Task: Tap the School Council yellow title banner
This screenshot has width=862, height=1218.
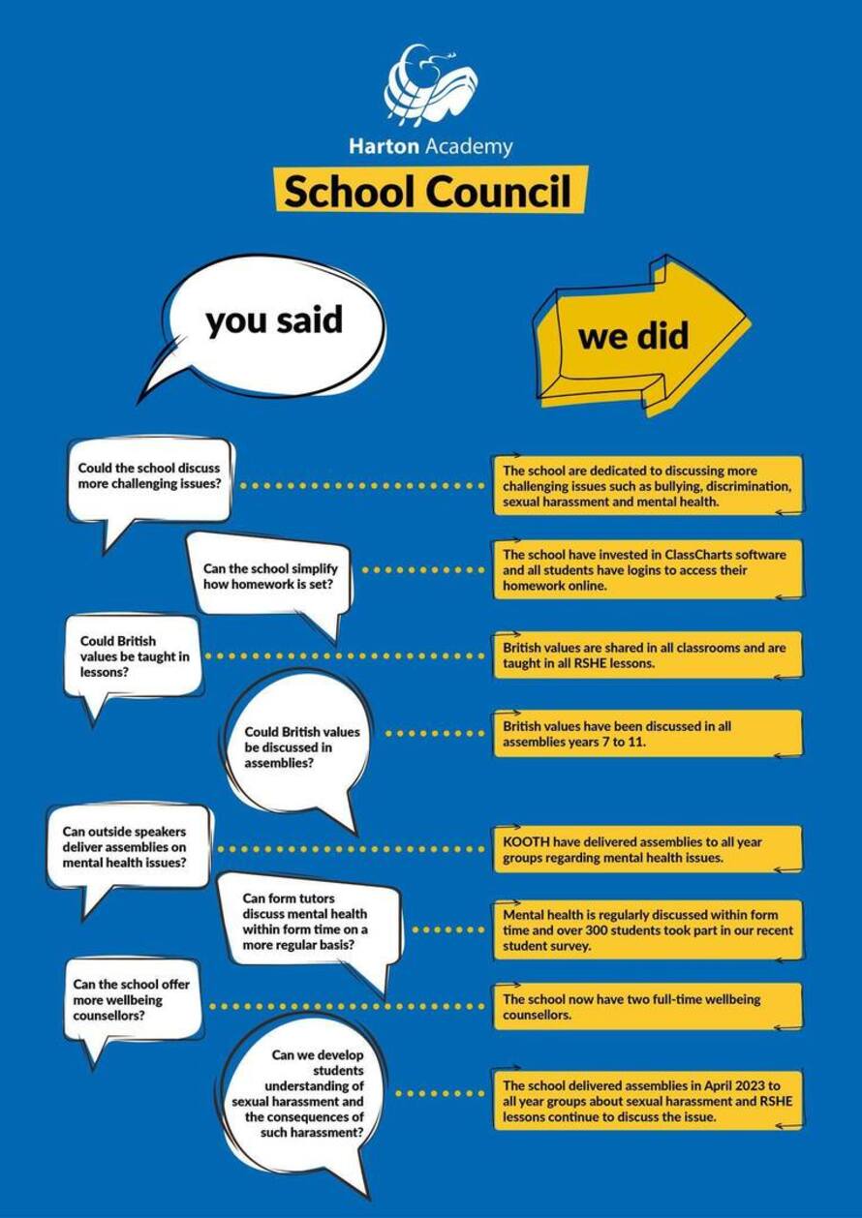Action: pos(430,191)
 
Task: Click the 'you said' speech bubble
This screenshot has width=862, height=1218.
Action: pos(274,322)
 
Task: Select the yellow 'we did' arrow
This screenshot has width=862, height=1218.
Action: pos(634,337)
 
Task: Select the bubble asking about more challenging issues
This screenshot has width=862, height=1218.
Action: pos(150,478)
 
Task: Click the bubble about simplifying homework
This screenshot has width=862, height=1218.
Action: pos(270,576)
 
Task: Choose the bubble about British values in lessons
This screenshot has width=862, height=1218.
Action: pos(133,656)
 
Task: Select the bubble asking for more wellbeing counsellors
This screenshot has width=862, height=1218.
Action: pos(132,1000)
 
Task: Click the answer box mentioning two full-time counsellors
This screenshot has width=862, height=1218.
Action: pos(647,1007)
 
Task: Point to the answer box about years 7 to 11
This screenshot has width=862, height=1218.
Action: pos(647,733)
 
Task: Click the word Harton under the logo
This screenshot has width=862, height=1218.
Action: pos(384,147)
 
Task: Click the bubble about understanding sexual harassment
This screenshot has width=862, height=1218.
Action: pos(300,1093)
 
